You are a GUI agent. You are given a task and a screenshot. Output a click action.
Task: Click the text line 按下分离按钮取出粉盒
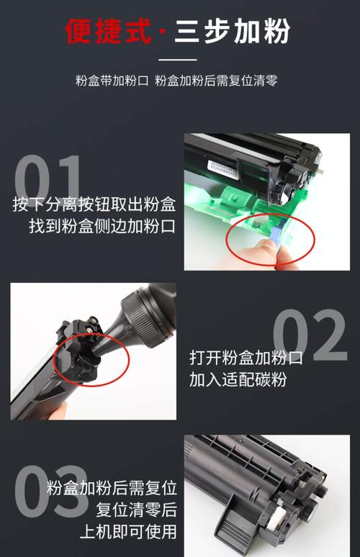[x=94, y=204]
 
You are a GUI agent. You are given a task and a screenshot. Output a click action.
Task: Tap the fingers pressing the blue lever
[x=256, y=252]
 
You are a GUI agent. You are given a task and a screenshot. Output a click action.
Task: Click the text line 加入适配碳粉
[x=238, y=379]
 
